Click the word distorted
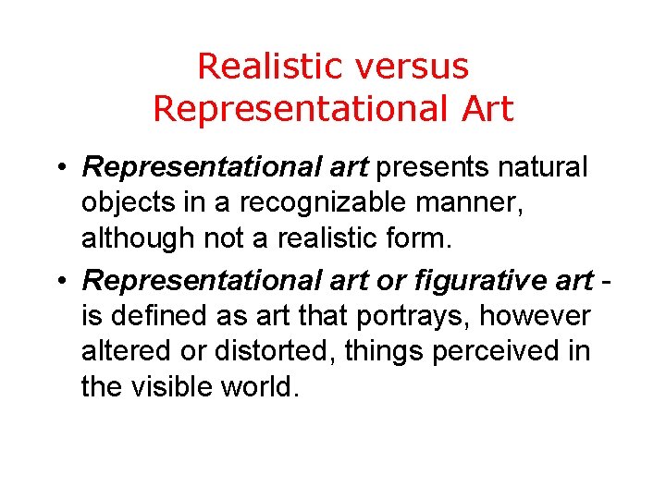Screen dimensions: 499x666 click(x=278, y=351)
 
